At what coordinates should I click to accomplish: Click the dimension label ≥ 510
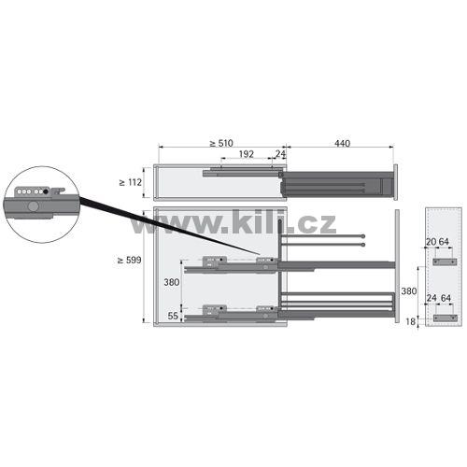click(221, 143)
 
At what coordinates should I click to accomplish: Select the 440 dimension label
click(342, 143)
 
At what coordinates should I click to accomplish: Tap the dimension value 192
click(247, 154)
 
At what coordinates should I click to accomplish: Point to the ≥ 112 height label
click(131, 182)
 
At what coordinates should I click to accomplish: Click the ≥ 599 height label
click(129, 260)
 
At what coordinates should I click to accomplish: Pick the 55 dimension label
click(173, 316)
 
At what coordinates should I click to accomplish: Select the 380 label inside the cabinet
click(172, 282)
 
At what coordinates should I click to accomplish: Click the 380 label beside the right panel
click(408, 291)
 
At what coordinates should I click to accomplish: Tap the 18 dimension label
click(411, 321)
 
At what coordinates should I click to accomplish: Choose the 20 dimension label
click(431, 242)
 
